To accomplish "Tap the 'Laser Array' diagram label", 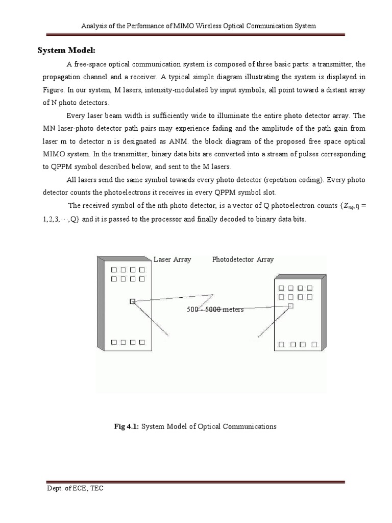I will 173,259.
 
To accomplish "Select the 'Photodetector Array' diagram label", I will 243,259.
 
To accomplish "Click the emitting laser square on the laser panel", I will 133,302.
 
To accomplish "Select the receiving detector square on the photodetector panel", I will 290,305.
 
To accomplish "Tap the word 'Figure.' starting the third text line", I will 52,89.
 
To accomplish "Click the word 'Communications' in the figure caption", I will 251,426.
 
